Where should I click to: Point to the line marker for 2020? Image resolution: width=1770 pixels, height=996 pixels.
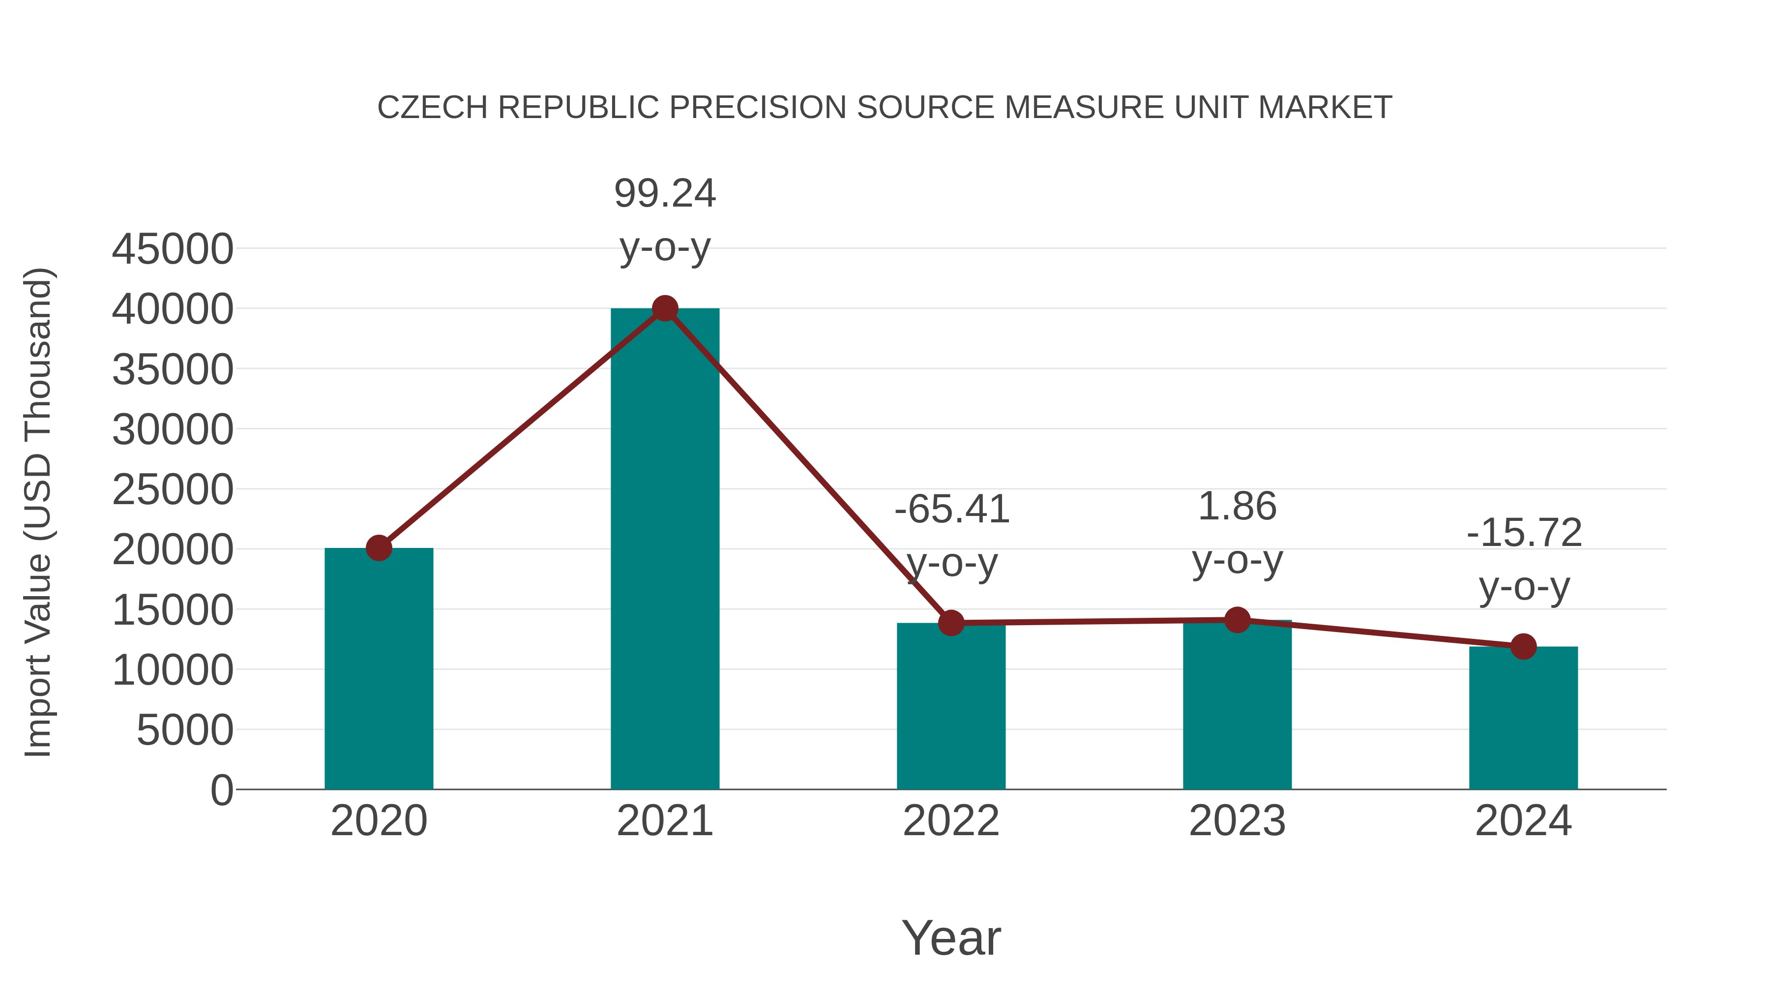(379, 548)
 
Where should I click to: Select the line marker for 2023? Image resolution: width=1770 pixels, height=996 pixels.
(1237, 620)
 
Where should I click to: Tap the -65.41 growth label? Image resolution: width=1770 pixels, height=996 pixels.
(952, 510)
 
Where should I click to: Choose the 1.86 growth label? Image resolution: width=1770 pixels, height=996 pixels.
(1237, 507)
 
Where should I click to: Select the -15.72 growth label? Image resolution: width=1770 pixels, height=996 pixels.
(1524, 533)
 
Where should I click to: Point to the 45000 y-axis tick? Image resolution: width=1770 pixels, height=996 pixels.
(173, 249)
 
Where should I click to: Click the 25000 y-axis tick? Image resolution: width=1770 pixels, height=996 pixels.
(173, 490)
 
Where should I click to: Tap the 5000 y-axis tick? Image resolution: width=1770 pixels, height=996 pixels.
(185, 730)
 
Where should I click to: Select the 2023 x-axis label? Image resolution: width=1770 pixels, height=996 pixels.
(1237, 821)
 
